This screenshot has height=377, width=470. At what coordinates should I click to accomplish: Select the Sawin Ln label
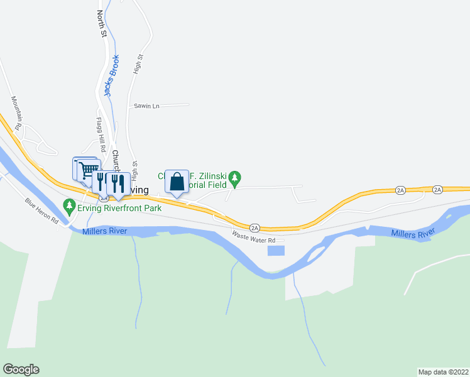coord(146,106)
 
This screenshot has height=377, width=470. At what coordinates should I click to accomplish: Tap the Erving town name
coord(139,190)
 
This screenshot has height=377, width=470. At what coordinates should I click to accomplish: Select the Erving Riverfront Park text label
coord(118,208)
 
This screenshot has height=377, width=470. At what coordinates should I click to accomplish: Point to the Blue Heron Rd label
coord(41,211)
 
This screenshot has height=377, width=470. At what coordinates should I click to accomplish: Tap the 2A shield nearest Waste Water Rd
coord(254,227)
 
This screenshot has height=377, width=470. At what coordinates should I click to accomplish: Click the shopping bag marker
coord(177,182)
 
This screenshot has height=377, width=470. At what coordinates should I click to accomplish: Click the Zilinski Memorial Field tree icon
coord(235,178)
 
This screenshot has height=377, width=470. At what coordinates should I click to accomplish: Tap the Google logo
coord(21,369)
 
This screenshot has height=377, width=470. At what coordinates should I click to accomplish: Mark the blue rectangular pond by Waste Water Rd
coord(275,251)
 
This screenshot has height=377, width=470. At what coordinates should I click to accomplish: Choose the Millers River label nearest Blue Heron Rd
coord(104,232)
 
